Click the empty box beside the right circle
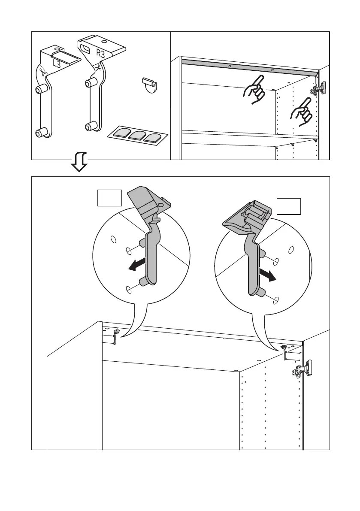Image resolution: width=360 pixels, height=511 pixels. [x=289, y=206]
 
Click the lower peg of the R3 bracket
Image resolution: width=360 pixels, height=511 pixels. [x=90, y=127]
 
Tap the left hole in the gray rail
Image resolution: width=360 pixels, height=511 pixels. [x=230, y=67]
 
